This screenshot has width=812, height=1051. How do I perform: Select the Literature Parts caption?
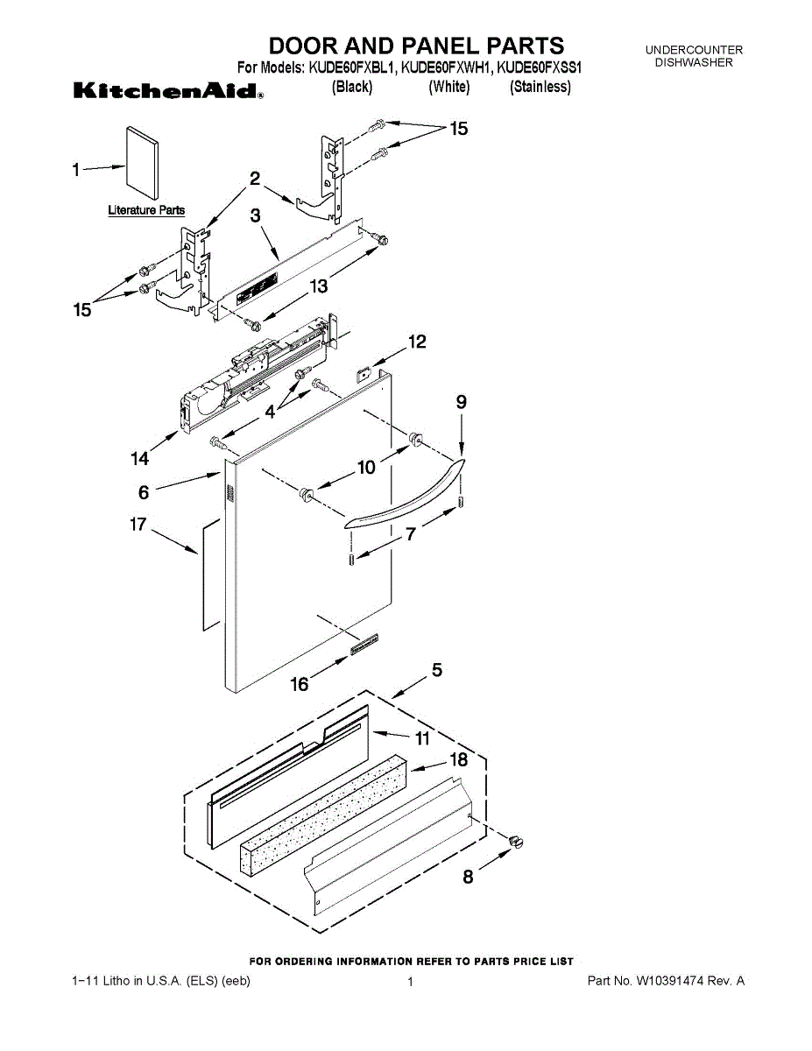point(146,210)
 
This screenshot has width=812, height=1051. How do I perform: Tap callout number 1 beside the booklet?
point(76,170)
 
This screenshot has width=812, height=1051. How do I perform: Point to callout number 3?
point(256,215)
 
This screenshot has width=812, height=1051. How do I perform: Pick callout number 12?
point(417,342)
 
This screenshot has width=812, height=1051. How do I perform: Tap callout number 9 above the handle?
point(461,403)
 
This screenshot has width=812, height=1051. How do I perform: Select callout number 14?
point(140,458)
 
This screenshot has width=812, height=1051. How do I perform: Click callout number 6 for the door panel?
point(144,491)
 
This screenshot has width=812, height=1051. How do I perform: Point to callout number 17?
point(138,525)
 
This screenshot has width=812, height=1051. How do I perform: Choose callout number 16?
point(300,685)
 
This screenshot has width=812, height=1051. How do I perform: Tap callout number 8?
point(469,877)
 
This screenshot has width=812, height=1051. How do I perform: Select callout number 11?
point(422,738)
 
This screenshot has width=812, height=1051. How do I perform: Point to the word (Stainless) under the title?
point(540,87)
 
